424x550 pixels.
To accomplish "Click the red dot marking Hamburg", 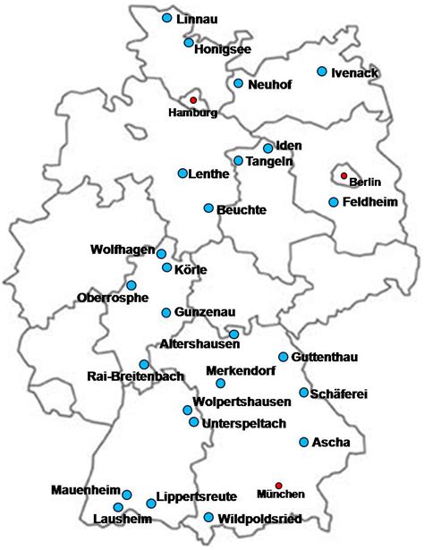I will (192, 100).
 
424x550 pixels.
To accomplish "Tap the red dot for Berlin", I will (343, 175).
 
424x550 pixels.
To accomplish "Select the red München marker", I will (278, 485).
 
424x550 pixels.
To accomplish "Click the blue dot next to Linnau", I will (166, 18).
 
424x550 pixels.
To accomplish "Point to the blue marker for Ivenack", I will (321, 72).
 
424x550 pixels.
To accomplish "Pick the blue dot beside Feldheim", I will (333, 202).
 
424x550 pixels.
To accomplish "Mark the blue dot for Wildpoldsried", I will (208, 517).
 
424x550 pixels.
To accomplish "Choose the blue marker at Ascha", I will (304, 442).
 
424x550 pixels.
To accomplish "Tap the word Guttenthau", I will (325, 358).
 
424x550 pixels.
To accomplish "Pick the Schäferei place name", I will (339, 393).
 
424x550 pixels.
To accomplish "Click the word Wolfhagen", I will (123, 249).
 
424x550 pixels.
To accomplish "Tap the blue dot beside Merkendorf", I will (220, 384).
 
